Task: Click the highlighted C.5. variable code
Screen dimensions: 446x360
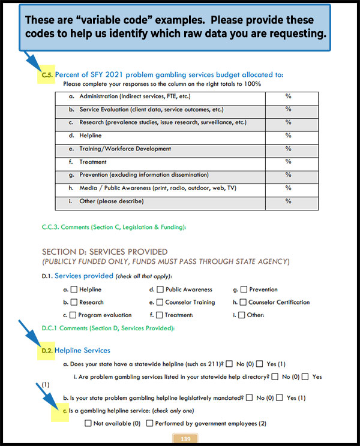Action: point(47,75)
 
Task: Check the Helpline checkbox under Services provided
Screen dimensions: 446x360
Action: point(74,290)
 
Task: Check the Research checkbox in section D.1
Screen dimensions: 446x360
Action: point(74,303)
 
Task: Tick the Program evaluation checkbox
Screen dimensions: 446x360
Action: point(73,315)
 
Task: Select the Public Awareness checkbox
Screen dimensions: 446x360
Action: point(160,290)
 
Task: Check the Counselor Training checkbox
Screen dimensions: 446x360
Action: point(160,303)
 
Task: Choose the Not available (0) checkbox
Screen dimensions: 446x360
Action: point(88,424)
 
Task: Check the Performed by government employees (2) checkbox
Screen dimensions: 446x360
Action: point(149,424)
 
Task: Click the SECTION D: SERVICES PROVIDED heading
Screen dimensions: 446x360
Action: point(104,252)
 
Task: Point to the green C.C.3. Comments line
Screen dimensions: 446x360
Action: point(114,227)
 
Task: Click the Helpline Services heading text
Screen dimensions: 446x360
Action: point(82,350)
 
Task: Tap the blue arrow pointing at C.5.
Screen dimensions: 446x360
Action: point(32,63)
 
